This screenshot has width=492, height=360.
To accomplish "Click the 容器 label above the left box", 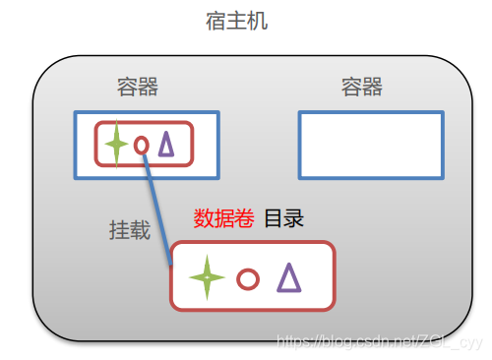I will pos(137,87).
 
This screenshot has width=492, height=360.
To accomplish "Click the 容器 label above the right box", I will pos(362,87).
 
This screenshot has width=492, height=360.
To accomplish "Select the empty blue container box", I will pos(370,145).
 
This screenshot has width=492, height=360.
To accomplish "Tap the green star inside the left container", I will pos(116,145).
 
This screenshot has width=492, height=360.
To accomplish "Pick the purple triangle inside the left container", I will pos(166,145).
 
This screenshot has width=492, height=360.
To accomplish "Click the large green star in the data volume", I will pos(207,277).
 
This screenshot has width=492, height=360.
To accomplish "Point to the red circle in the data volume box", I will pos(248,279).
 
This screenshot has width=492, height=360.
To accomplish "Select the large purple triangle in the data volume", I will pos(288,277).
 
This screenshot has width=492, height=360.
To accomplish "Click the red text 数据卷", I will pos(223,218).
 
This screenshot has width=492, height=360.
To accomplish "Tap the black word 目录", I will pos(284,218).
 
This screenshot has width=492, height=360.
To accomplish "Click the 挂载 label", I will pos(130,230).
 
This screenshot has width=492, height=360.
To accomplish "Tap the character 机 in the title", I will pos(255,21).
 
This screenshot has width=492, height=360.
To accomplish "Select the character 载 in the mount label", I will pos(141,230).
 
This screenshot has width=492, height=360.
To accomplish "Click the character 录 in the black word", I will pos(294,218).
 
